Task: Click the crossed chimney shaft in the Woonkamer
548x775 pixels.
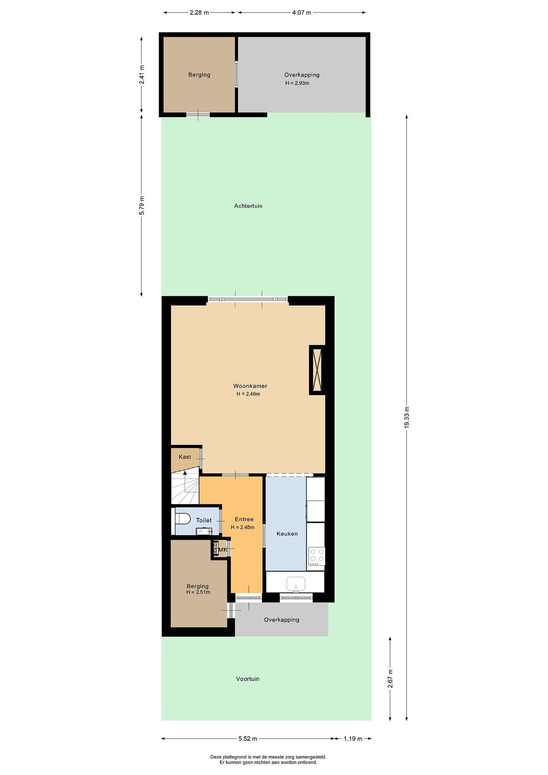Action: pos(317,370)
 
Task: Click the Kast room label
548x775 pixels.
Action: pos(185,457)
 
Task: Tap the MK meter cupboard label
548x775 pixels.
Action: pos(223,550)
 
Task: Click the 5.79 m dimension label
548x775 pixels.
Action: pos(142,205)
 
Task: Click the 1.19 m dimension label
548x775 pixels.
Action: pos(353,739)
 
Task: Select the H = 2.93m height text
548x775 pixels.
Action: pos(297,83)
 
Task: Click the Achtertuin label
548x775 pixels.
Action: pos(248,206)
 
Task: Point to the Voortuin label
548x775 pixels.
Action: pos(248,679)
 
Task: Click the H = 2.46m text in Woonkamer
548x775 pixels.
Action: pos(248,394)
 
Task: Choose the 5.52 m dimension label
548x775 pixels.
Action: pos(248,739)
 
